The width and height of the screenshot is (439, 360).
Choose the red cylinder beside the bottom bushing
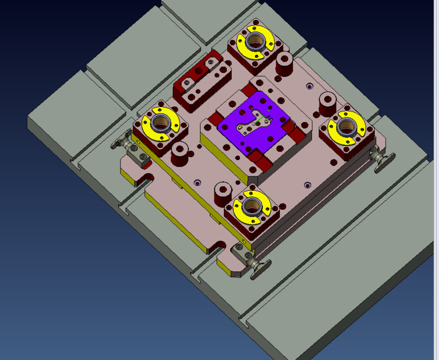221,191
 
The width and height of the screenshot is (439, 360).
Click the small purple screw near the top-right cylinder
309,86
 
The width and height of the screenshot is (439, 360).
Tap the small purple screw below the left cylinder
196,183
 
